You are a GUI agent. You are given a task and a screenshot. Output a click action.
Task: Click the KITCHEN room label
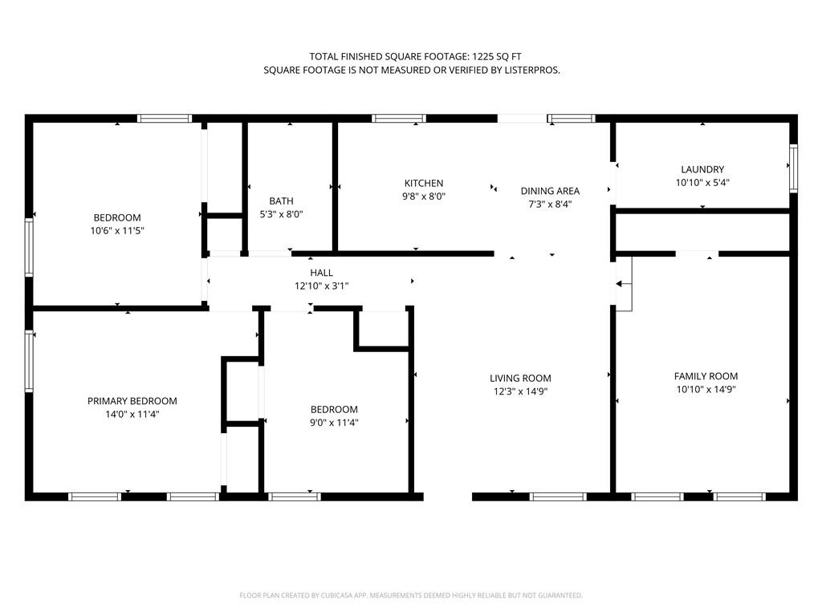coord(424,184)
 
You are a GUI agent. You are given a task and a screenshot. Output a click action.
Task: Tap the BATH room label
coord(281,201)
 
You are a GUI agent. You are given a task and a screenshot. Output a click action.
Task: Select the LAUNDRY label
coord(702,170)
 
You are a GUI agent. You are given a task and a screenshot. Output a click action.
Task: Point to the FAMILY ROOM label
coord(706,376)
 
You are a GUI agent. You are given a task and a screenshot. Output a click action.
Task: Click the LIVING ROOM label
coord(520,379)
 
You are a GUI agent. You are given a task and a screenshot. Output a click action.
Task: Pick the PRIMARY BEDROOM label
coord(132,401)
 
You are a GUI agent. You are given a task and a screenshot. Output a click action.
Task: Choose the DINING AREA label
coord(550,191)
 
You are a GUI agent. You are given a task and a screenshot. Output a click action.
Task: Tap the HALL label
coord(321,273)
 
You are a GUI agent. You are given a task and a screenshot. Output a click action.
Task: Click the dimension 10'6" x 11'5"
coord(117,230)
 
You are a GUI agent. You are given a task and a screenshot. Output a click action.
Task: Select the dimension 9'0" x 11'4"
coord(334,423)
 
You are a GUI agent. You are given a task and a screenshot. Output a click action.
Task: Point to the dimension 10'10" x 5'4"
coord(702,183)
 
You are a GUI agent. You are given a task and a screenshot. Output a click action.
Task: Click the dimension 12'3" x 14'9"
coord(520,391)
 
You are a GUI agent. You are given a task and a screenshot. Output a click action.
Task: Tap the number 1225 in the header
coord(482,57)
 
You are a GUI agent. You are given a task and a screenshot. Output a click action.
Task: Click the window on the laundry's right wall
coord(793,168)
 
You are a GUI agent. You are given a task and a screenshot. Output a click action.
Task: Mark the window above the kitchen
coord(399,119)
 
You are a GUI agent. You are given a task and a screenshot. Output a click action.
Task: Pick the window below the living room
coord(558,496)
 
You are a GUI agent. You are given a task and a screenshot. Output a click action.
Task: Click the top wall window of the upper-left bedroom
coord(165,119)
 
